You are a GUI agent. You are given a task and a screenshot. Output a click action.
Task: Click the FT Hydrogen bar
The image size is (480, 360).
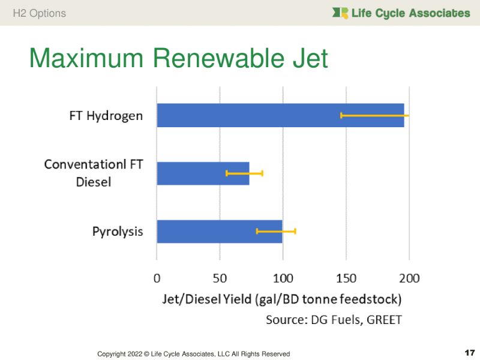point(240,115)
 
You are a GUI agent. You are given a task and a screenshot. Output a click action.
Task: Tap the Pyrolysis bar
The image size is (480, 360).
point(204,231)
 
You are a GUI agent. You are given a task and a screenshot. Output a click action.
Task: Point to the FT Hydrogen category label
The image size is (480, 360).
point(106,115)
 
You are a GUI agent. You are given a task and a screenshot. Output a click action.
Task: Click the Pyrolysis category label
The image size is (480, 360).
point(118,231)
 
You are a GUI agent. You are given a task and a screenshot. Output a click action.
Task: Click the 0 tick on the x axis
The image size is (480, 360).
point(157,278)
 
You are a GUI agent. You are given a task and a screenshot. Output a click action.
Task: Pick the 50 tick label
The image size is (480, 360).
point(220,278)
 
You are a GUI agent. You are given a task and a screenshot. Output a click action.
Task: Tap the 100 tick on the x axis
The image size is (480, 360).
point(283,278)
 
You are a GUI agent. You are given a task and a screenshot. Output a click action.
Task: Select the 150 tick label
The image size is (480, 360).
point(346,278)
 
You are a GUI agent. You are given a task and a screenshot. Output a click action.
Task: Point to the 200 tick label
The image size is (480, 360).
point(410,278)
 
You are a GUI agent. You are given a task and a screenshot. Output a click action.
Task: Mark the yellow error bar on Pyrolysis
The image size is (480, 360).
point(276,231)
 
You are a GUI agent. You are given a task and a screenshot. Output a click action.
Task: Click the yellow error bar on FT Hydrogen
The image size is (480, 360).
point(375,115)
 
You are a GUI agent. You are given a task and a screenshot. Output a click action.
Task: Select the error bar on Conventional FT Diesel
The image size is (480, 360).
point(244,173)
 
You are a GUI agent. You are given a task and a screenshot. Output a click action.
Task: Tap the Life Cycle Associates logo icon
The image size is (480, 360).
point(340,13)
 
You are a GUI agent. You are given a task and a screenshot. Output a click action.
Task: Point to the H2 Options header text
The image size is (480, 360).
point(40,13)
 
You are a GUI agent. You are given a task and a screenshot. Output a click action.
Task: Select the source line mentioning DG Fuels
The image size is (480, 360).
point(334,320)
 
